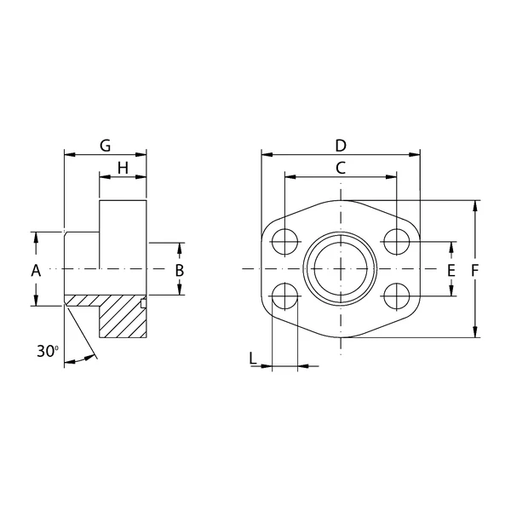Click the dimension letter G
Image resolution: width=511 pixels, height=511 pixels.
[106, 146]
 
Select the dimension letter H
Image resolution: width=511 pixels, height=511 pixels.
[123, 169]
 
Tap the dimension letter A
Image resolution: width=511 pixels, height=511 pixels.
[36, 271]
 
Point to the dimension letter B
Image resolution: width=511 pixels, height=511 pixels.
[180, 271]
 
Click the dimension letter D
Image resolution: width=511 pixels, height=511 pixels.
[341, 146]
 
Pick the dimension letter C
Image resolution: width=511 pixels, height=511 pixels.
[341, 168]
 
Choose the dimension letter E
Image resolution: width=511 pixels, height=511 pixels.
[451, 271]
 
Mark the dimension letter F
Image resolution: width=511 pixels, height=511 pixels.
[475, 271]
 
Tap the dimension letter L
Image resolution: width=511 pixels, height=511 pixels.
[253, 359]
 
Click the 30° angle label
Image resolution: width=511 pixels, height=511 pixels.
[48, 351]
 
